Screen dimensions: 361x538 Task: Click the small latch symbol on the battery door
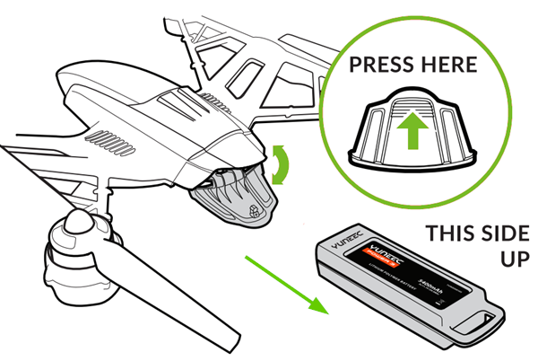(x=253, y=213)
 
